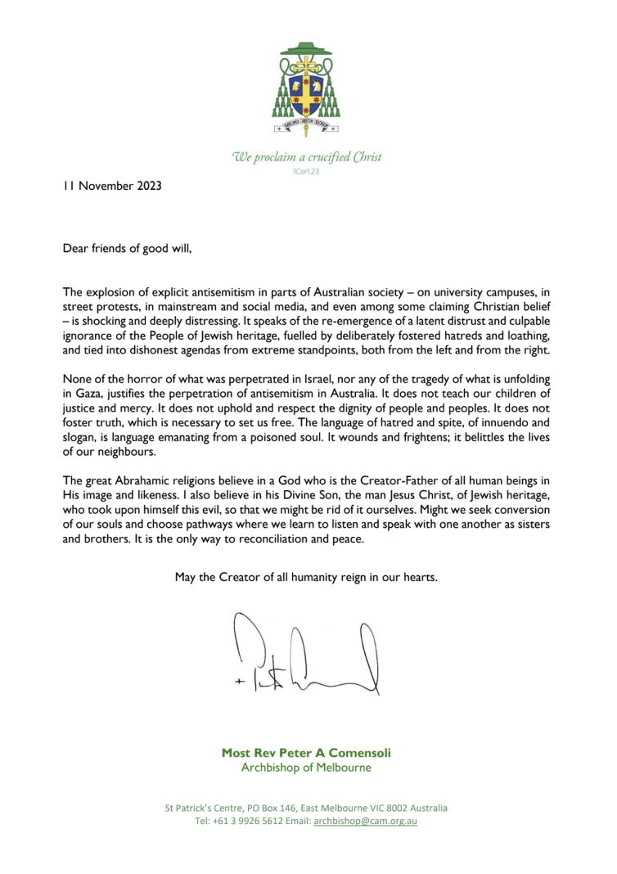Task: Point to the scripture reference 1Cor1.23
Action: tap(308, 171)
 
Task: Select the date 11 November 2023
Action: tap(112, 186)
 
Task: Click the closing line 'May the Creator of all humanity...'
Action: tap(307, 577)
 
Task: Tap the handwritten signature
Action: tap(312, 655)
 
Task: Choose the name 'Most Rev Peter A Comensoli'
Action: tap(307, 752)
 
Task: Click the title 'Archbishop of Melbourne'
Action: tap(307, 768)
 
